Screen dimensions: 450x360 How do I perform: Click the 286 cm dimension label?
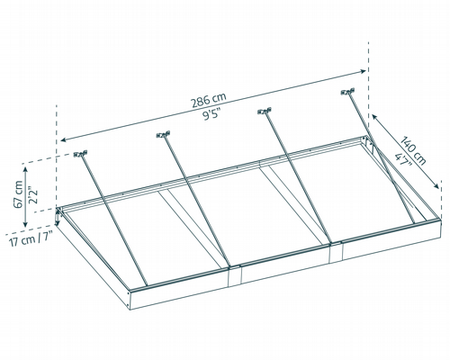[x=209, y=100]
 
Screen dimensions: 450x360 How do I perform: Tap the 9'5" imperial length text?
[x=211, y=115]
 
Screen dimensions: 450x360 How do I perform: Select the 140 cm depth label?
[x=414, y=151]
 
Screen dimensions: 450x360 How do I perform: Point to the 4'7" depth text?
[x=404, y=160]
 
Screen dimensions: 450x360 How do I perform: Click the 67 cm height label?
[x=18, y=194]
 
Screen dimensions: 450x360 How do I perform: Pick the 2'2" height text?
[x=33, y=195]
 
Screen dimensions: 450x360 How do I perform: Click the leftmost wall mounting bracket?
[x=80, y=154]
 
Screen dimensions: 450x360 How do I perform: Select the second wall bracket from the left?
[x=163, y=135]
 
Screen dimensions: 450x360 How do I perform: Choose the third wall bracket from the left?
[x=265, y=111]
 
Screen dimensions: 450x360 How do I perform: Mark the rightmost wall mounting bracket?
[x=347, y=92]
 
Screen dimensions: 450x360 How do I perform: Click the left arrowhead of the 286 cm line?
[x=63, y=139]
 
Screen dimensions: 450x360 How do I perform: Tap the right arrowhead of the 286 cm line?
[x=363, y=71]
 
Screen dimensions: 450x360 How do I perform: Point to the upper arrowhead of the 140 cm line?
[x=374, y=117]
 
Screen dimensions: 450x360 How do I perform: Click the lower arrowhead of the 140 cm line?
[x=436, y=186]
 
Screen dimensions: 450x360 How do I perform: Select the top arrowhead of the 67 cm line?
[x=25, y=169]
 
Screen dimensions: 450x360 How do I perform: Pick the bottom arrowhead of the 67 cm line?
[x=25, y=224]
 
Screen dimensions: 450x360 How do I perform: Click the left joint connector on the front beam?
[x=235, y=275]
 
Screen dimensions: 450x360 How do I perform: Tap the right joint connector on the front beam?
[x=336, y=252]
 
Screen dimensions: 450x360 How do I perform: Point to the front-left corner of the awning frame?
[x=130, y=291]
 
